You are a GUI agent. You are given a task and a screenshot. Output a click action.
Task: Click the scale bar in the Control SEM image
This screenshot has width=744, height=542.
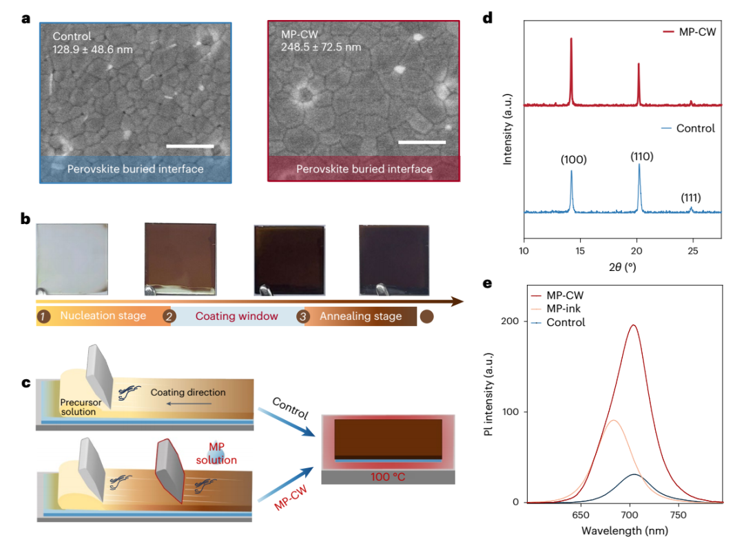(189, 145)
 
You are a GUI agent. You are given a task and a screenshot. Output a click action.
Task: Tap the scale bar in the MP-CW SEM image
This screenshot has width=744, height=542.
(422, 143)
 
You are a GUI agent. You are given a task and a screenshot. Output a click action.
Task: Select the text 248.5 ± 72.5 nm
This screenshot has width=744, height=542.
(321, 48)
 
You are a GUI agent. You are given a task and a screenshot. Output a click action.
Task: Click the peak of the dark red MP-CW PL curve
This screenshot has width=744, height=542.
(632, 325)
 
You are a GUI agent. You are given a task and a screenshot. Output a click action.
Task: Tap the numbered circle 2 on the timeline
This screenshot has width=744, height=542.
(167, 317)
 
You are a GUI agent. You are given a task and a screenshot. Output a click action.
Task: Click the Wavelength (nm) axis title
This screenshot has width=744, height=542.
(626, 530)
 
